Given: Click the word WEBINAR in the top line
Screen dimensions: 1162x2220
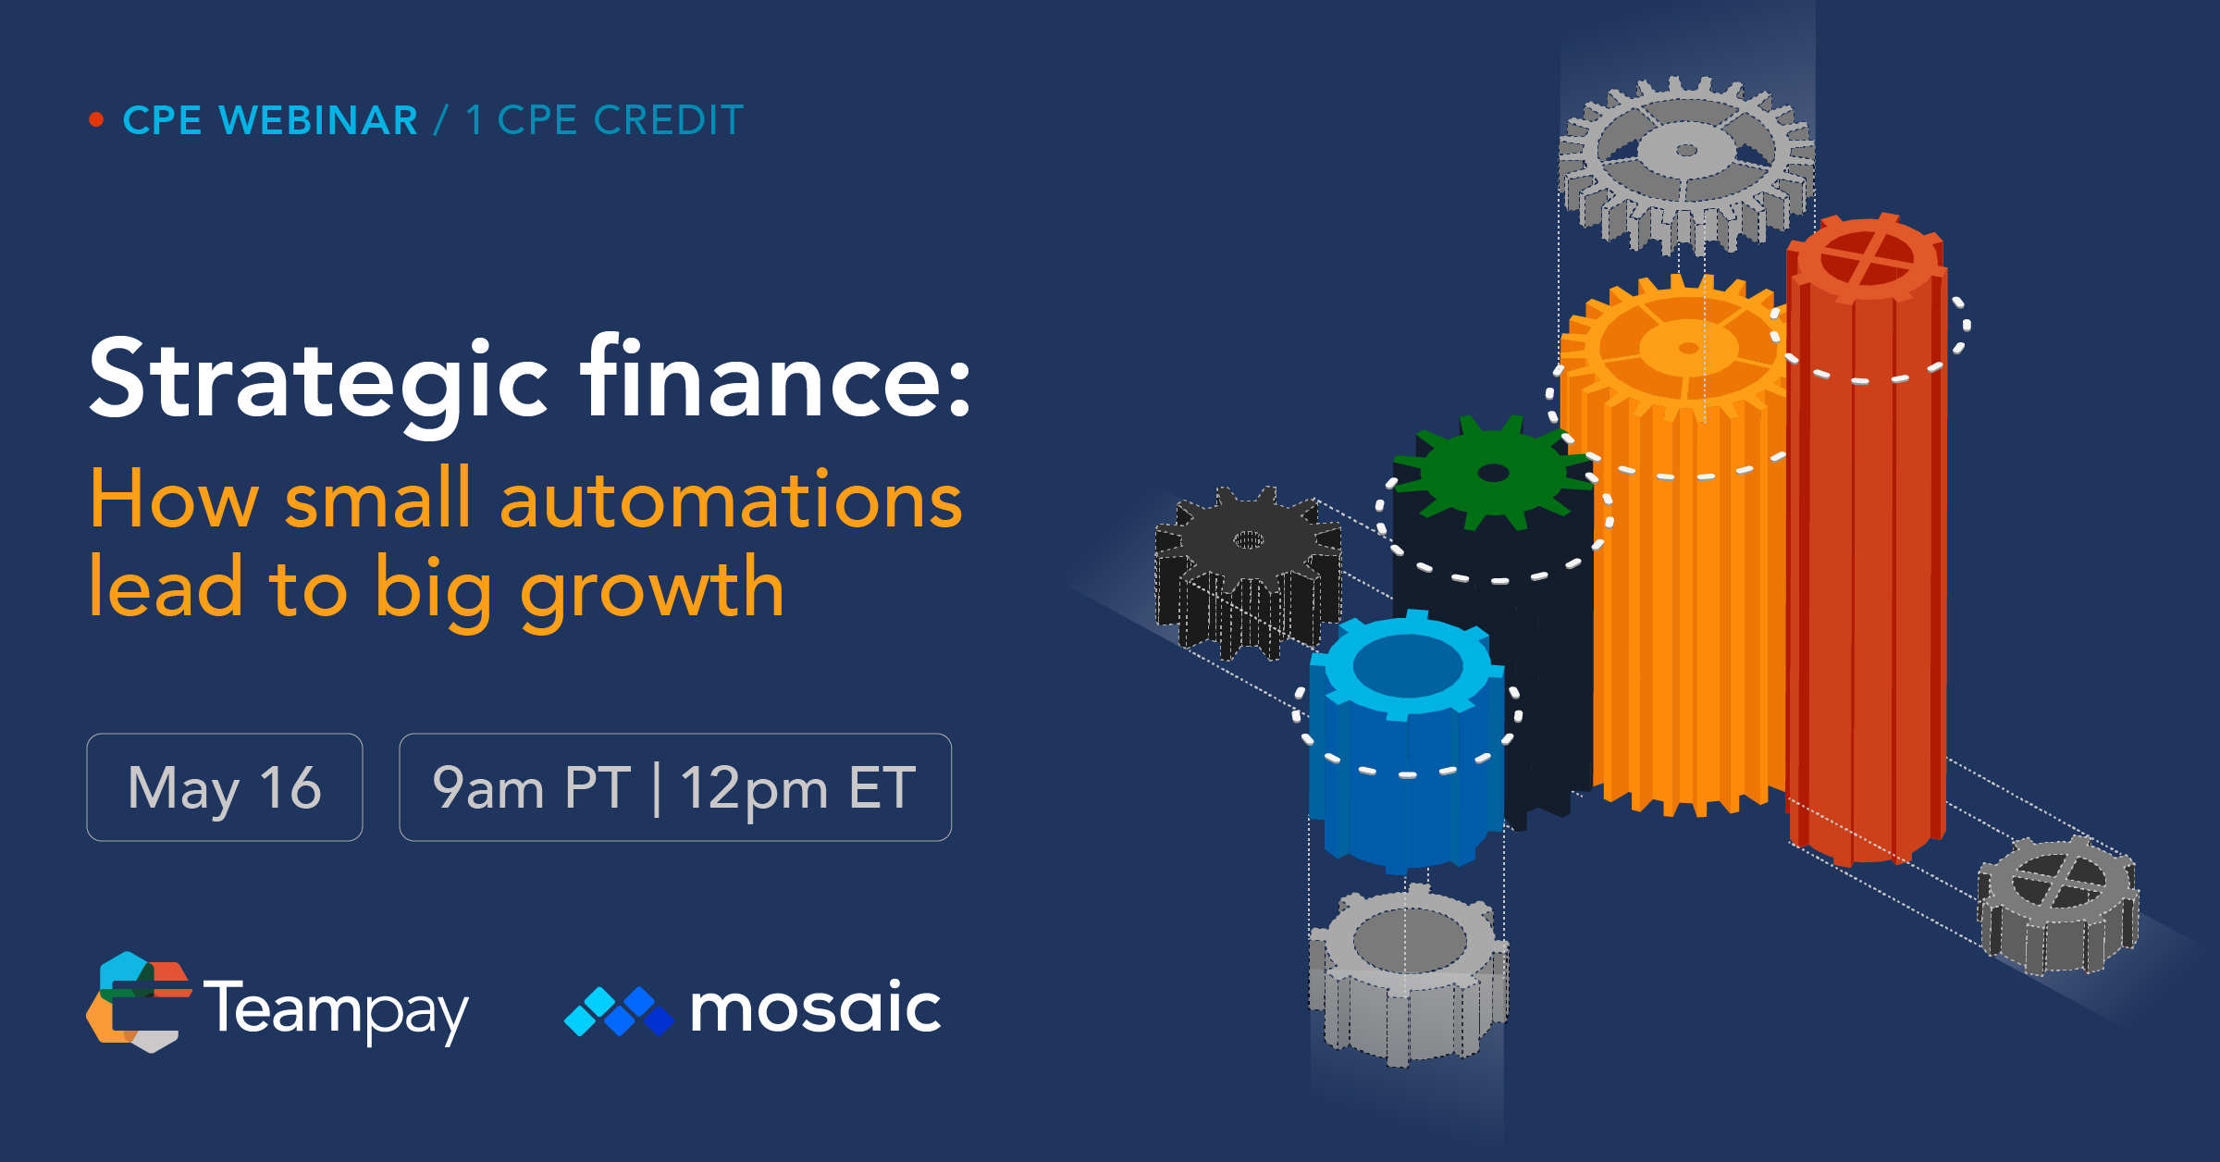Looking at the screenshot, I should point(318,121).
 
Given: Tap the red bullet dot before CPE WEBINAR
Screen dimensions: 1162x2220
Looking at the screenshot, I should point(96,119).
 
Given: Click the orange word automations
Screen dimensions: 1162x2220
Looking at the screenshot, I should point(731,500).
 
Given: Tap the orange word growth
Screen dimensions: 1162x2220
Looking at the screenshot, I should point(652,590).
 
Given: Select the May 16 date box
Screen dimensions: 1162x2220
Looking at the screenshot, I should point(225,787).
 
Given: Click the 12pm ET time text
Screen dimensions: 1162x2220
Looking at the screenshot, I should point(797,788).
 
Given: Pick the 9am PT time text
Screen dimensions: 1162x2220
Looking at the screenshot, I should point(531,788).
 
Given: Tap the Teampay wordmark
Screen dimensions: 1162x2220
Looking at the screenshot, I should point(336,1009).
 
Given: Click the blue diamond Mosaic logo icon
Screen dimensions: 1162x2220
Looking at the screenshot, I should point(619,1011).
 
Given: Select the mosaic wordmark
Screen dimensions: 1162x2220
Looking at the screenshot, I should point(815,1008).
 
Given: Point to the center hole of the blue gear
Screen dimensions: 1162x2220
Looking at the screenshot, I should point(1407,665).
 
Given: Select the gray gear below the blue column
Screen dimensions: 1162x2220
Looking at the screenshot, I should point(1409,962).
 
